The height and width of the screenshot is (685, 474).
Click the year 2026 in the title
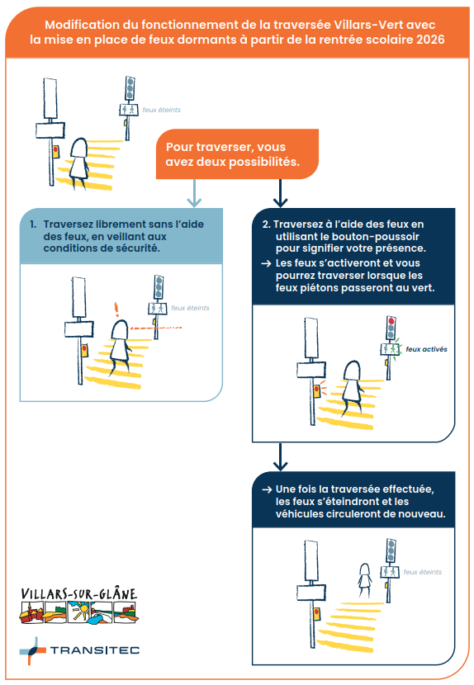click(x=430, y=40)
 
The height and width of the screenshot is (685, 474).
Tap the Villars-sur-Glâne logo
click(x=79, y=605)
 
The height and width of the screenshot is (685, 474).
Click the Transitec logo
click(x=79, y=650)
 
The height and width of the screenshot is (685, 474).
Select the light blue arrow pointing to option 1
click(x=194, y=193)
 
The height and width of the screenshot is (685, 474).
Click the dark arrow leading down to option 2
click(x=280, y=193)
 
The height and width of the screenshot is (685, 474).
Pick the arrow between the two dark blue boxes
click(x=280, y=457)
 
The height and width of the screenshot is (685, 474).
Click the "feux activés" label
click(x=426, y=349)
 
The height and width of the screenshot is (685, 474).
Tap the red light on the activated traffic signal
click(x=391, y=321)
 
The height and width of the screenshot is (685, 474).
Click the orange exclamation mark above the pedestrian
click(x=116, y=309)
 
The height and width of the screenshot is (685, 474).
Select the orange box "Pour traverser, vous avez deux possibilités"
click(x=237, y=154)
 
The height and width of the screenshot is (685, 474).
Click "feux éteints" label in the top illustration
click(x=161, y=110)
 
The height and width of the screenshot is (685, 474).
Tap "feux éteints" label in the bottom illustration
click(x=423, y=572)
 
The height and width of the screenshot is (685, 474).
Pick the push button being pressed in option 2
click(x=317, y=391)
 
